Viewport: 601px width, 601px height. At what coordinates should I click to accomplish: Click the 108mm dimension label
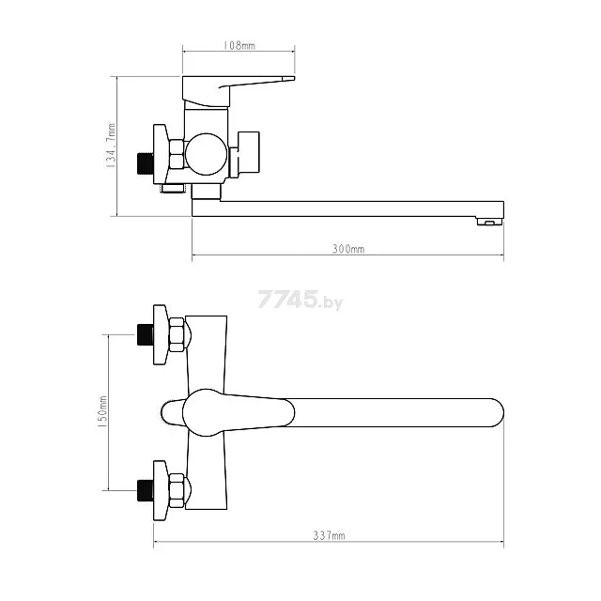[x=239, y=46]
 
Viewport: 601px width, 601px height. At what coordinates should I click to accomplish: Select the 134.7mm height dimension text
[x=111, y=146]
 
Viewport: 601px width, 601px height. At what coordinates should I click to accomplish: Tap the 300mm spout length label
[x=348, y=249]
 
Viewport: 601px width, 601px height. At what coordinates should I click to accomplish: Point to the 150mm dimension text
[x=102, y=412]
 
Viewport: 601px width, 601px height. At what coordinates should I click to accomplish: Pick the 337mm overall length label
[x=329, y=535]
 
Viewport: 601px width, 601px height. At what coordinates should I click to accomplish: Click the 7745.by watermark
[x=300, y=300]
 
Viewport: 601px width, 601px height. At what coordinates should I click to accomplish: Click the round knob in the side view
[x=206, y=154]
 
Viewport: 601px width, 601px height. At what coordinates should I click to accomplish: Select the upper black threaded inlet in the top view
[x=146, y=334]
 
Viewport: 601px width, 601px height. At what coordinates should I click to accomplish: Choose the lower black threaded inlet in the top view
[x=146, y=490]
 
